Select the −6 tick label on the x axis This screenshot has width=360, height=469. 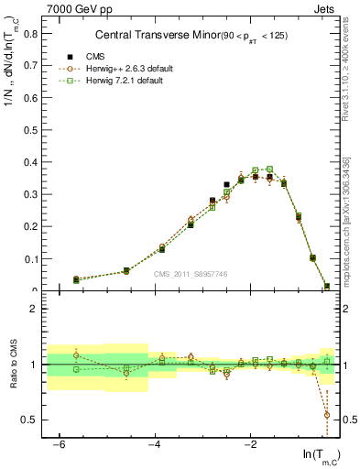59,444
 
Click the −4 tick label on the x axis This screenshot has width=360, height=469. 154,444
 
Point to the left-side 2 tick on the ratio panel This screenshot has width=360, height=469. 37,309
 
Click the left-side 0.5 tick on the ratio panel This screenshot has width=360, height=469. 32,420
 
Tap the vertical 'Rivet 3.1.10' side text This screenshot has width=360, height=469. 349,82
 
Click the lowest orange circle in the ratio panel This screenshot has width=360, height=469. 327,415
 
